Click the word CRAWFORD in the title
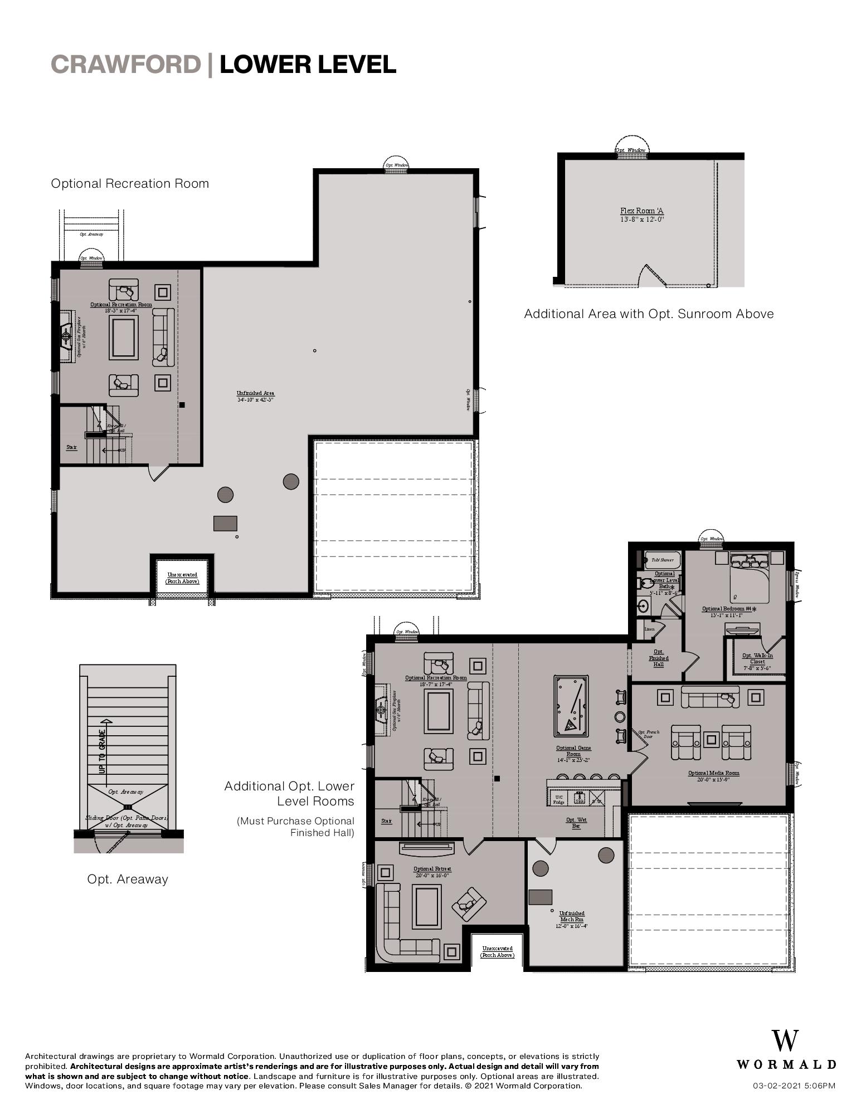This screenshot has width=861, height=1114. click(x=126, y=65)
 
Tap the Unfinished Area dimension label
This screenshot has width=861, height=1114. click(x=255, y=397)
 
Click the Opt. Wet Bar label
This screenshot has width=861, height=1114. click(x=576, y=823)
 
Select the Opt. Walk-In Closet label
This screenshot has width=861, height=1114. click(x=757, y=661)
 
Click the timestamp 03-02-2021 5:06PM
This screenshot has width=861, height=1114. click(x=794, y=1086)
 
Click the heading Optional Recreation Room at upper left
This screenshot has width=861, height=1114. click(x=130, y=183)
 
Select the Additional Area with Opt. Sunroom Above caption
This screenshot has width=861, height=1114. click(x=649, y=314)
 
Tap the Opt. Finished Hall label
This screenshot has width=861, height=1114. click(x=658, y=658)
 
